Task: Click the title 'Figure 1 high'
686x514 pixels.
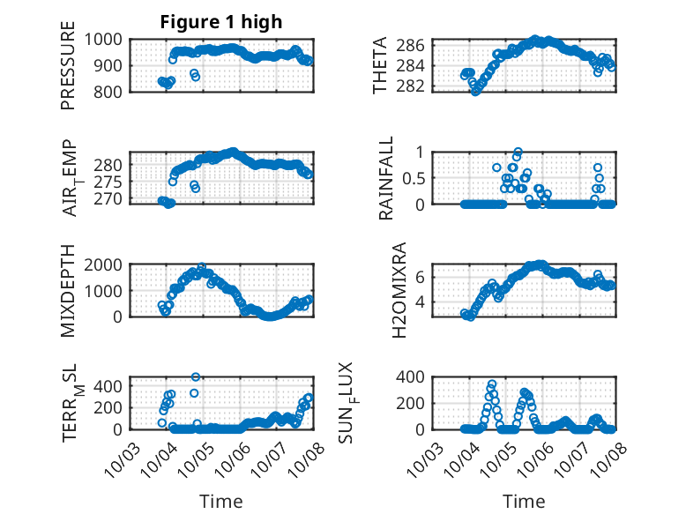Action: click(220, 23)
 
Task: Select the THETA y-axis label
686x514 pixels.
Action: click(380, 66)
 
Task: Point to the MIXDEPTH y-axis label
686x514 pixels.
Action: click(68, 292)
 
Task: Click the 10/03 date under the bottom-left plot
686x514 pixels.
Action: click(122, 459)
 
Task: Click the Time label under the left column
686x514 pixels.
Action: click(220, 501)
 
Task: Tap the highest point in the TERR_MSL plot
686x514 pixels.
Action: click(196, 376)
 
